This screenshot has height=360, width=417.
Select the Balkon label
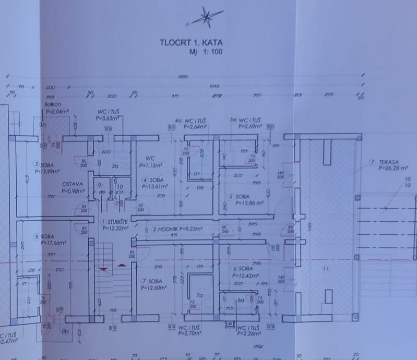[53, 104]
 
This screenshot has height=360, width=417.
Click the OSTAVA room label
[73, 184]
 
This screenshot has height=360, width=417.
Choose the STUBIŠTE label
[116, 222]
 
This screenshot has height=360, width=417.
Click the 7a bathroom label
[198, 295]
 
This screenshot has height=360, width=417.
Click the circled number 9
[99, 185]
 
